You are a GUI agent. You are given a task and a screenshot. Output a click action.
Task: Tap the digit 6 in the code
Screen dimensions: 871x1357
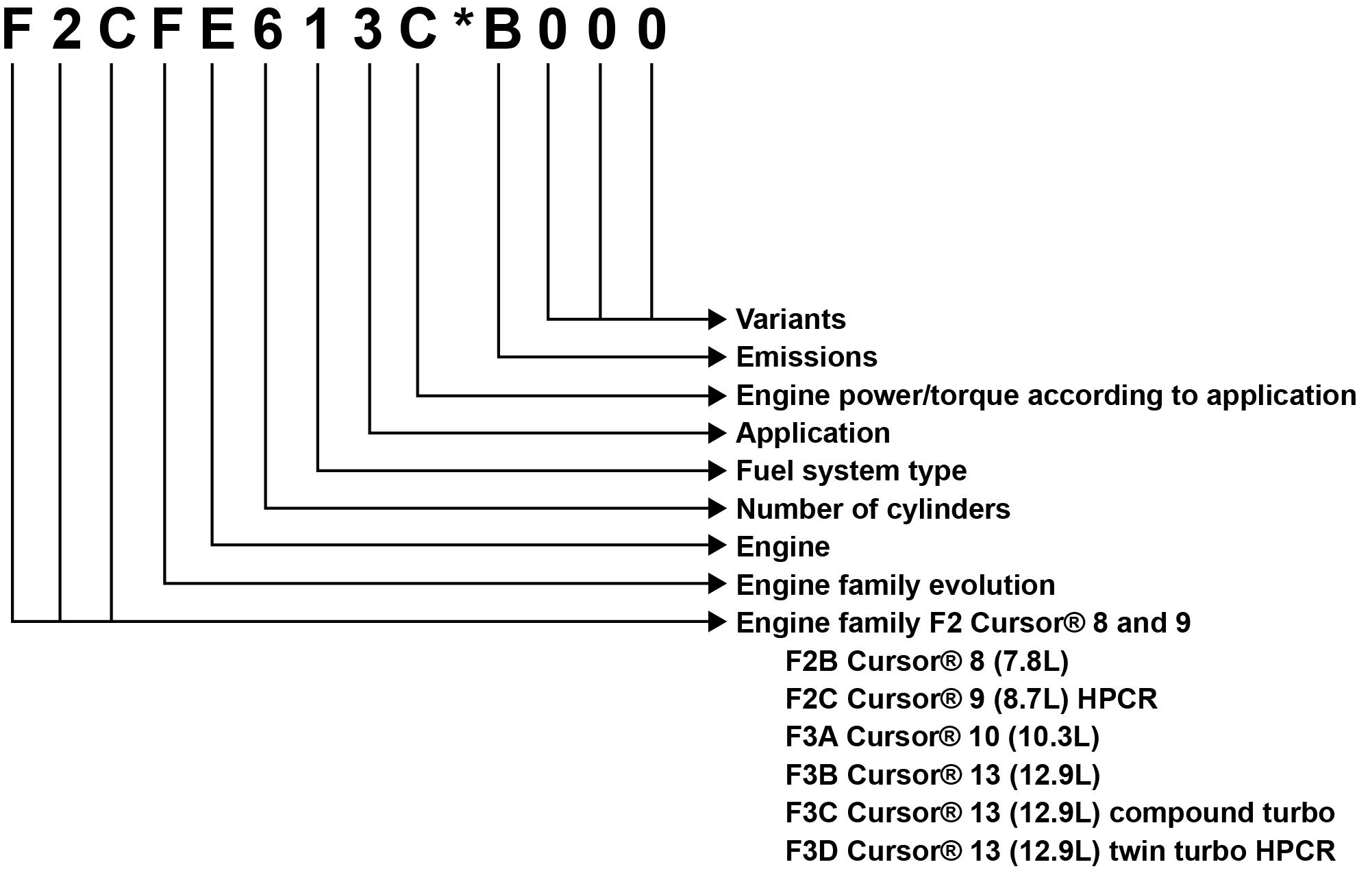[x=267, y=30]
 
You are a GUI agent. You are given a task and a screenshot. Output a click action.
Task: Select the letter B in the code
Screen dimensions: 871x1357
[x=502, y=30]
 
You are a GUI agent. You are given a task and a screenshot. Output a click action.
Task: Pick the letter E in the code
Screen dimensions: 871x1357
[x=217, y=30]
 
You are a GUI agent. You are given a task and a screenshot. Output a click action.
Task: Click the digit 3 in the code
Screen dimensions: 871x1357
[x=368, y=30]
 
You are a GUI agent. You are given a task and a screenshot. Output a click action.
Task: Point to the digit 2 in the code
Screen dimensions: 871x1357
[x=66, y=30]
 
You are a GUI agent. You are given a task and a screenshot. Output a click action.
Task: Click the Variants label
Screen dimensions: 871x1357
[x=790, y=319]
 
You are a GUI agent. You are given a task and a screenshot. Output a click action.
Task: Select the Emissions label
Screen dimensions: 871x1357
[x=806, y=357]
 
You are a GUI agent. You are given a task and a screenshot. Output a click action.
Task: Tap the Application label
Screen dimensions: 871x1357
[x=812, y=433]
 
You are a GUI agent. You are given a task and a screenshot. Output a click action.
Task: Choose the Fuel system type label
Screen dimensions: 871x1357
[x=851, y=471]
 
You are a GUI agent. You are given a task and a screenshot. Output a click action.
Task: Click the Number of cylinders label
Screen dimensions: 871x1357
[x=873, y=509]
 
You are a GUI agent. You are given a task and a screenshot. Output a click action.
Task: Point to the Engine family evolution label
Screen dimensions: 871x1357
[x=895, y=585]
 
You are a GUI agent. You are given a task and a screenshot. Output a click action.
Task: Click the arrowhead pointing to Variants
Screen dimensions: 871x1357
[x=717, y=319]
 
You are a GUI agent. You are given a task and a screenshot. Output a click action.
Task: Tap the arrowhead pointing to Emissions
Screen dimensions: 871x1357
[x=717, y=357]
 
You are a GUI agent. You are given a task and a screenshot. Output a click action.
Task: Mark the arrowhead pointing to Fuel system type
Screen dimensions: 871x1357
[x=717, y=471]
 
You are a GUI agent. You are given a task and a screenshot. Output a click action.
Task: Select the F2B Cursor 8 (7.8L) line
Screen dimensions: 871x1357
[x=926, y=661]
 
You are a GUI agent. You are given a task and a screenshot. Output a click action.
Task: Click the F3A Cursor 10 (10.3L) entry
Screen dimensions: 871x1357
[x=942, y=737]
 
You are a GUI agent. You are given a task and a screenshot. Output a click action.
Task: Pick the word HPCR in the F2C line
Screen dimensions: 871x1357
[x=1117, y=699]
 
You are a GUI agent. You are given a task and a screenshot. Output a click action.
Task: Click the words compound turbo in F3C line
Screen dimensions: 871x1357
[x=1221, y=813]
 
